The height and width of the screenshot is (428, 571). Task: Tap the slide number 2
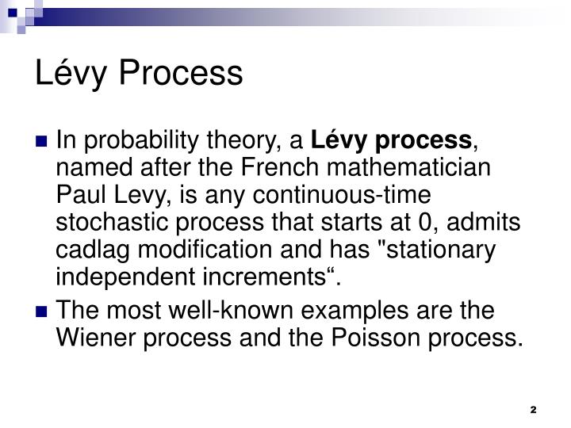pos(533,409)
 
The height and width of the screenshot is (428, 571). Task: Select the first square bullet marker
pos(44,143)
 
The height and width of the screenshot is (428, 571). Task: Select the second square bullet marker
pos(44,311)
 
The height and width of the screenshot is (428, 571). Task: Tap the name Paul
pos(82,197)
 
